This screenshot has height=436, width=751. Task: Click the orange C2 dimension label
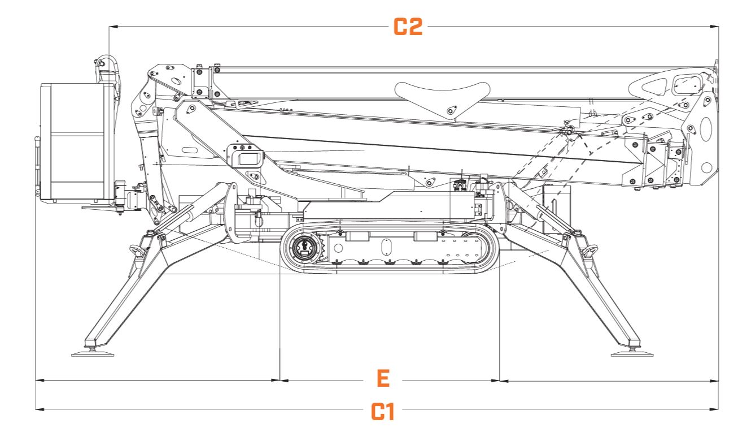[407, 27]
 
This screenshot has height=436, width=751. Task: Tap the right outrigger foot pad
[633, 354]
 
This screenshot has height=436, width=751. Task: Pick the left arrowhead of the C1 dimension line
[38, 408]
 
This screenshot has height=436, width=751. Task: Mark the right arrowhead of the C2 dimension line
[715, 26]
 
